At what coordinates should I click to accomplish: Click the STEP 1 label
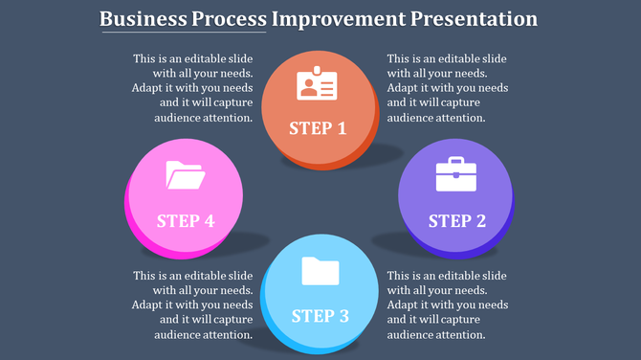(x=318, y=128)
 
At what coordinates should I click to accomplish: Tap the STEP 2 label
(x=456, y=221)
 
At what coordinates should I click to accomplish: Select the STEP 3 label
(x=320, y=316)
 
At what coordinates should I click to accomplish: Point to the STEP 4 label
(x=185, y=221)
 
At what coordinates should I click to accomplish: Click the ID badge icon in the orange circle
(x=317, y=84)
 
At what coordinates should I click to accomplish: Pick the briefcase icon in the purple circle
(x=455, y=174)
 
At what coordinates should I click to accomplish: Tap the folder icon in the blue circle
(x=320, y=271)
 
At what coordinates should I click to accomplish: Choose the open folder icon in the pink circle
(x=185, y=176)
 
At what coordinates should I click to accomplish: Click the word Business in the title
(x=146, y=19)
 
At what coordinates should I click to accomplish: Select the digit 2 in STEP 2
(x=480, y=221)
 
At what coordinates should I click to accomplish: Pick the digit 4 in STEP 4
(x=209, y=221)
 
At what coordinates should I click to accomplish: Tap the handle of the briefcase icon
(x=455, y=161)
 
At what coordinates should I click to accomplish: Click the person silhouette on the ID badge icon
(x=308, y=87)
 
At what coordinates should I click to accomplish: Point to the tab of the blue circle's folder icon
(x=310, y=259)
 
